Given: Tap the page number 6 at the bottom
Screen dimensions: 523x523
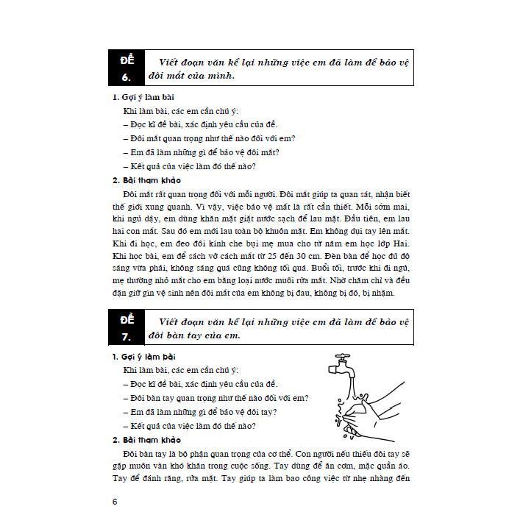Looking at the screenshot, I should [115, 502].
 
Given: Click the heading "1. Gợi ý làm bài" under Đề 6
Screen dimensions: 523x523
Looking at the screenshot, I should [143, 97].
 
